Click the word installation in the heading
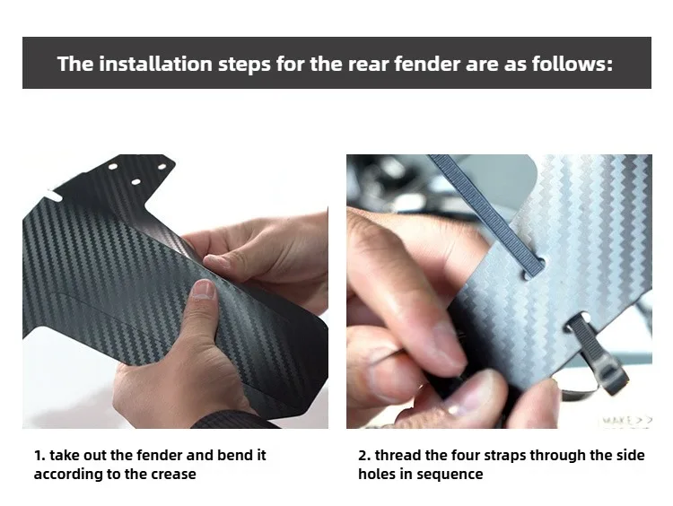click(x=156, y=64)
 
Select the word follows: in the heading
click(x=572, y=64)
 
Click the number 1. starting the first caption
click(x=39, y=455)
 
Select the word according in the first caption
click(x=66, y=475)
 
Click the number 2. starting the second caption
click(x=364, y=455)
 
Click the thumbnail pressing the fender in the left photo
click(x=204, y=289)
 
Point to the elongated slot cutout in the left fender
click(x=54, y=196)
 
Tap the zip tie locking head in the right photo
click(x=615, y=379)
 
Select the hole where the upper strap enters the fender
click(x=532, y=268)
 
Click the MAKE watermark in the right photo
click(x=626, y=420)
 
